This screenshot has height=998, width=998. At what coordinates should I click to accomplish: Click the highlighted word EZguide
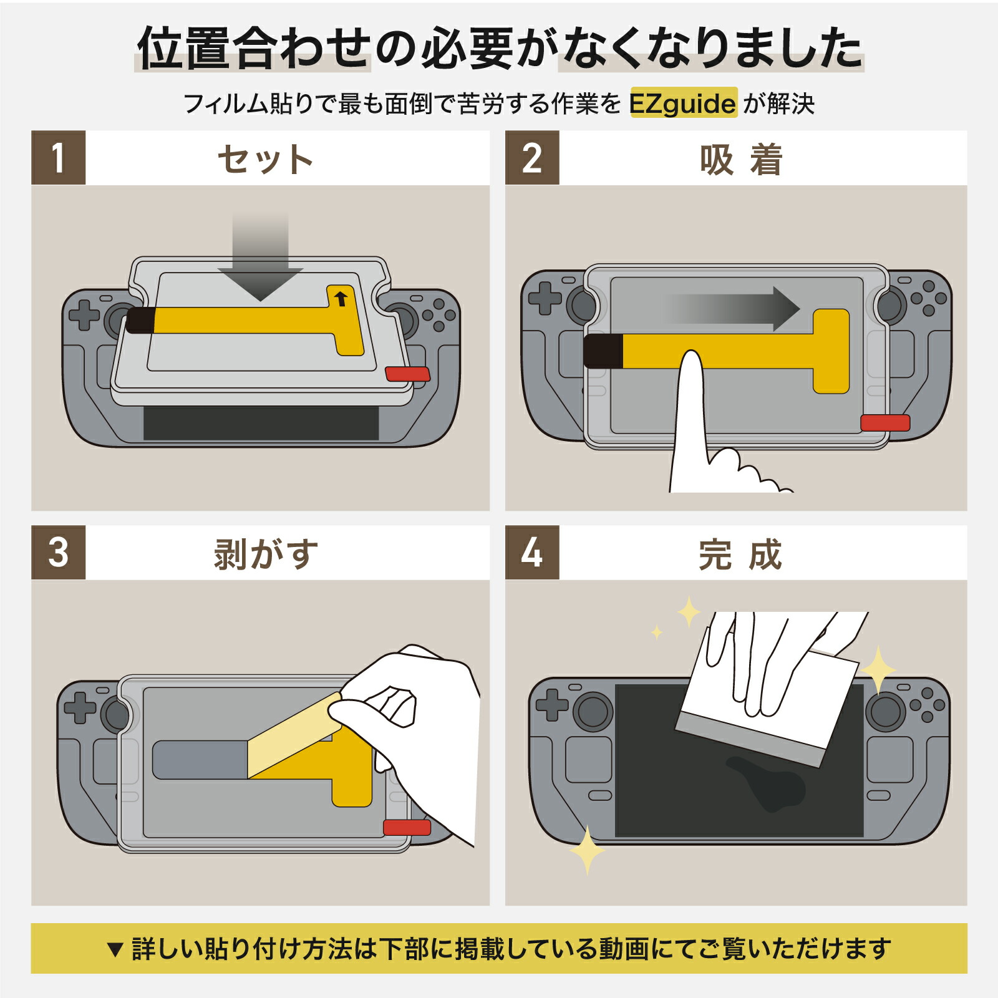683,103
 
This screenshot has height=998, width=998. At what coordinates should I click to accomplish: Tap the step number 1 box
58,158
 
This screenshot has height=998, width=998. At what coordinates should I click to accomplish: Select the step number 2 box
532,158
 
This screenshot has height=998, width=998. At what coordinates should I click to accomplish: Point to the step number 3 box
58,553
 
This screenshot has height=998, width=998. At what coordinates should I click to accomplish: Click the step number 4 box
532,553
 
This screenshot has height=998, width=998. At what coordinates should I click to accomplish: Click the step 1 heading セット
265,159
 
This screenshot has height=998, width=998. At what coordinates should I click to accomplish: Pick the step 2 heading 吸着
740,159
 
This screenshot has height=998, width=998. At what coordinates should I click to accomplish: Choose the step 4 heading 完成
740,554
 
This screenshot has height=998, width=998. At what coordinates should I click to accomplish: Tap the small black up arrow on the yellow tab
341,298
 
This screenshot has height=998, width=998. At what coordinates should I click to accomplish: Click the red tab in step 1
407,374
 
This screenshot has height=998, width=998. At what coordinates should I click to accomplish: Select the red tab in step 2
885,423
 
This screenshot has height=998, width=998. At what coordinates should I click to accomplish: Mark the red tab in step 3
407,828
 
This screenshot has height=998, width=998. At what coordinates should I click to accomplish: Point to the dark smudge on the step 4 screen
767,783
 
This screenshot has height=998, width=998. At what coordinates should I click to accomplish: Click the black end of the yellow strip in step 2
603,351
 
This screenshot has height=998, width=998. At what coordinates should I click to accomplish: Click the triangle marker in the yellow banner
114,949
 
